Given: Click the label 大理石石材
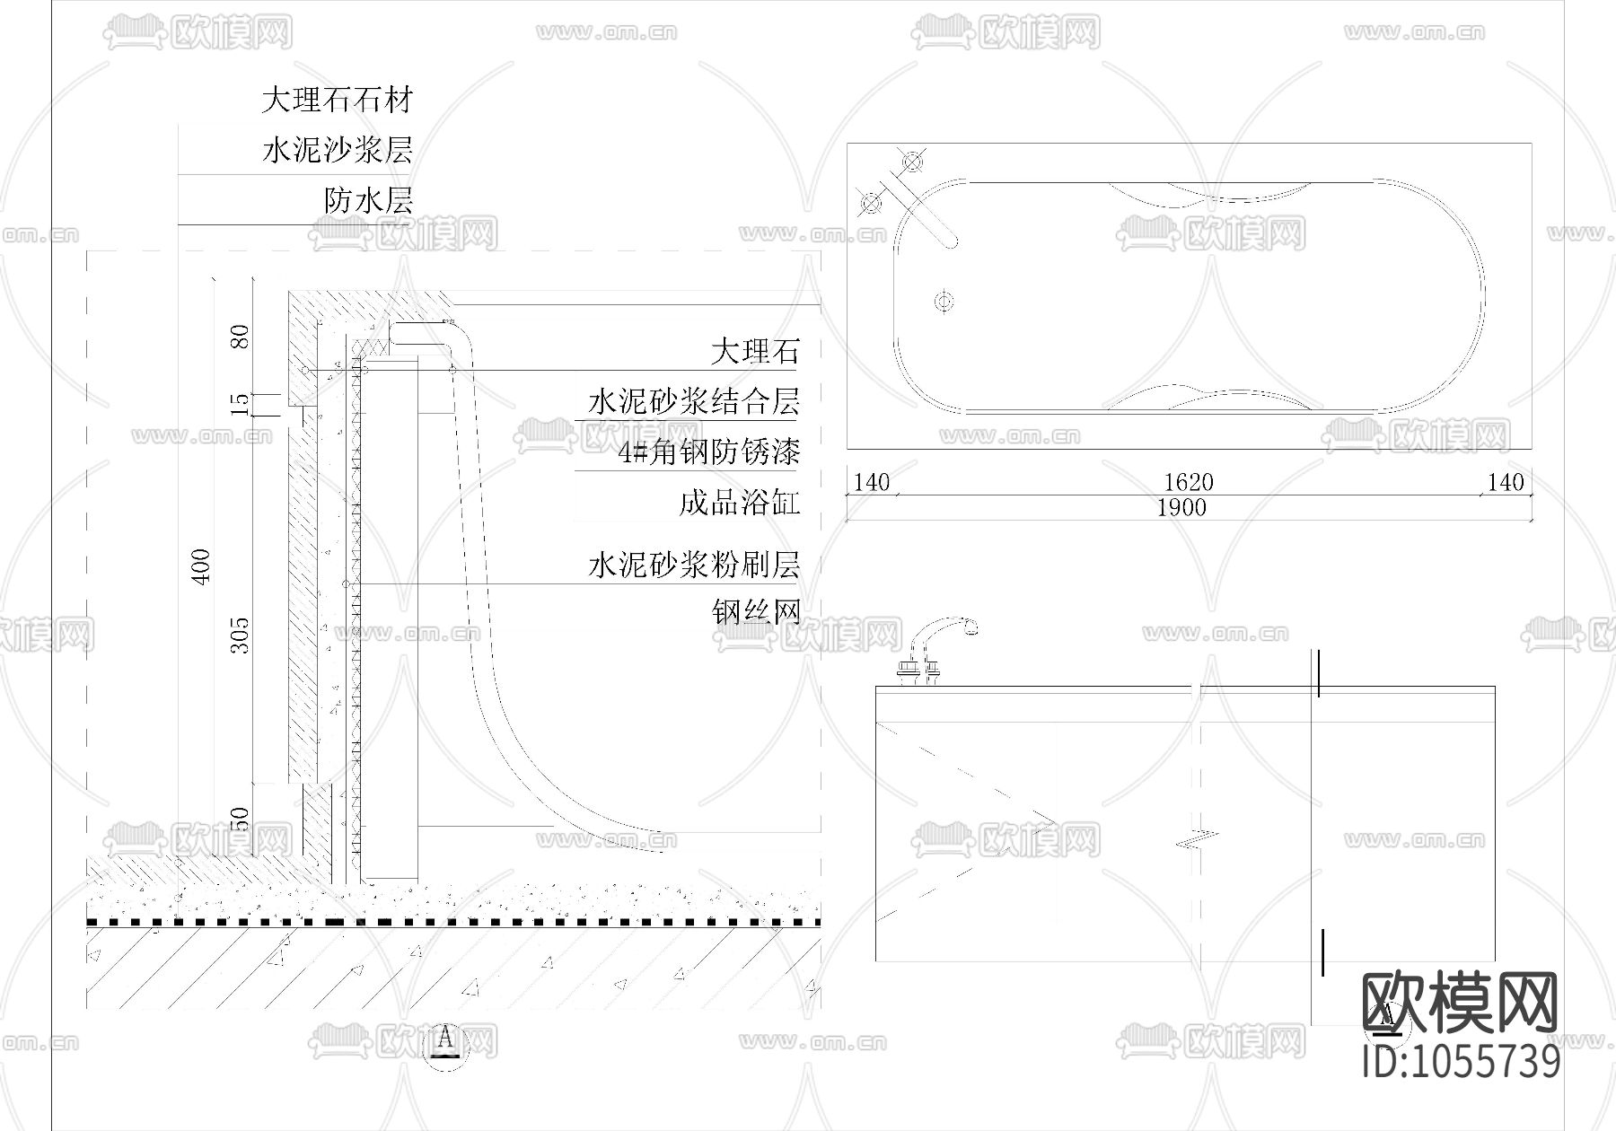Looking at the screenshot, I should (337, 100).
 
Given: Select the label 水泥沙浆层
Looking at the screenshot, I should (337, 150).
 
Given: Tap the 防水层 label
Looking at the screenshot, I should (368, 200).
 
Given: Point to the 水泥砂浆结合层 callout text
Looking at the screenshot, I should (693, 401).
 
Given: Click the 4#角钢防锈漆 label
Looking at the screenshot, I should (709, 452).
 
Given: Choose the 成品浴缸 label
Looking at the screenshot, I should (739, 502).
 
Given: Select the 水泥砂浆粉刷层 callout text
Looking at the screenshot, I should (693, 565).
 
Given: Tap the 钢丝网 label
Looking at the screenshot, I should (756, 612).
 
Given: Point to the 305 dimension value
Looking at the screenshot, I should (241, 635).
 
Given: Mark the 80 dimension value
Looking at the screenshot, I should (241, 338).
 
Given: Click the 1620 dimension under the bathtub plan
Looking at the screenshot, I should (1189, 483).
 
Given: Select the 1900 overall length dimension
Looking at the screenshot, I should (1181, 508).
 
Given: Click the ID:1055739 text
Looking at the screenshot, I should (1461, 1062).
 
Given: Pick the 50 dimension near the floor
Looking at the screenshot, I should (241, 820).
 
